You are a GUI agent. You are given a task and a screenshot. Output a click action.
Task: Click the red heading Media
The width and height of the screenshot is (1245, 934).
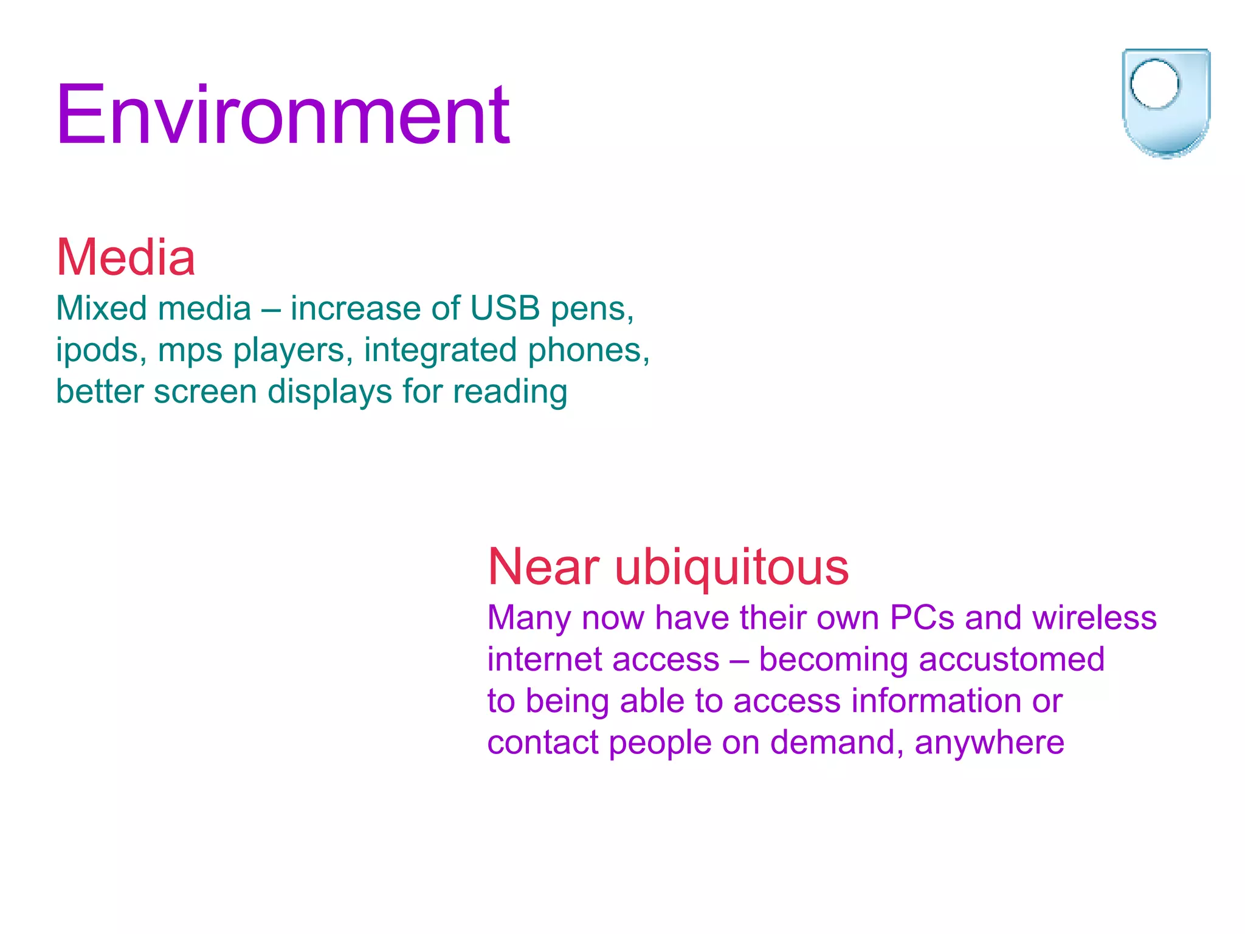pos(126,258)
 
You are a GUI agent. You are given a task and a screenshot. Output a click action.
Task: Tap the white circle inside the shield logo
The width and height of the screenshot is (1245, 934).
pos(1154,85)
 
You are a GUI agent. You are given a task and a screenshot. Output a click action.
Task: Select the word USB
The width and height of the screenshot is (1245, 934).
pos(505,308)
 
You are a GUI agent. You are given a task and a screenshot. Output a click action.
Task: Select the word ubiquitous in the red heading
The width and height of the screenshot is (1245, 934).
pos(732,567)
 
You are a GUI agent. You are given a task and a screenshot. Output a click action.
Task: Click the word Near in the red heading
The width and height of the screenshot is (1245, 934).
pos(544,567)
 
